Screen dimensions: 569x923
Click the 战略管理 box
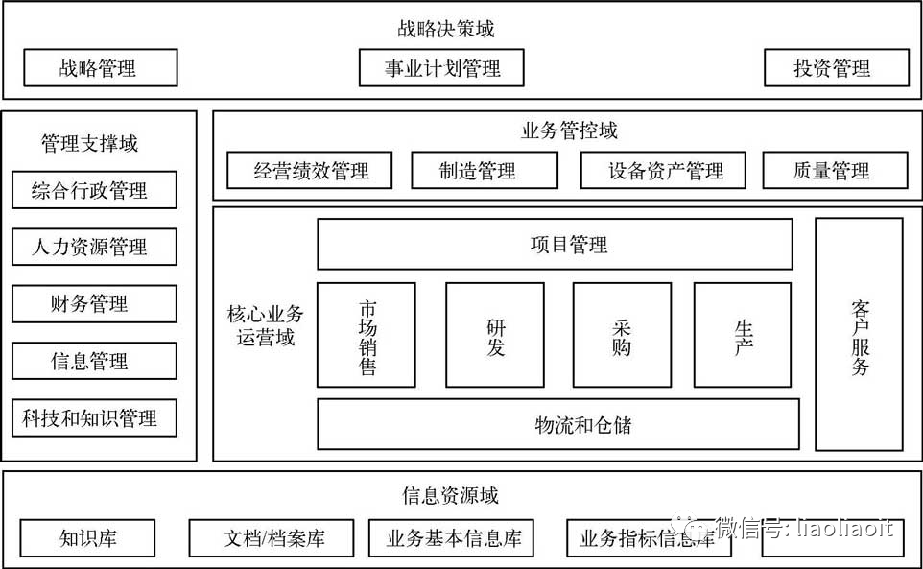pos(100,68)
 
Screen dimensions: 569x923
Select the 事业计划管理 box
pos(442,68)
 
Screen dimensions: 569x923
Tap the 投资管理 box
pos(836,68)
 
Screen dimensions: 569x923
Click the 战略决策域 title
pos(446,28)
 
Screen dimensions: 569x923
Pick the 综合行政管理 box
pos(94,190)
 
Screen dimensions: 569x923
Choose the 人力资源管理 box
pos(94,248)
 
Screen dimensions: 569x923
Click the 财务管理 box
pos(94,304)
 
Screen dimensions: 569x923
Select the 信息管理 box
pos(94,361)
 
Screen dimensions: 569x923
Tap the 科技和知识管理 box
pos(94,418)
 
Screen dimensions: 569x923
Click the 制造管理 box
pos(484,171)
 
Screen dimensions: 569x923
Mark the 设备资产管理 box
pos(666,171)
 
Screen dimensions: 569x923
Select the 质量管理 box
pos(835,171)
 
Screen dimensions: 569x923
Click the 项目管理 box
pos(555,245)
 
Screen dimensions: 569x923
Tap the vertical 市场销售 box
pos(367,335)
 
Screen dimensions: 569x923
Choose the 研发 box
pos(495,335)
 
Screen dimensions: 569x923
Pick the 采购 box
pos(622,335)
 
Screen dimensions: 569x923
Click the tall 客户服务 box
pos(859,335)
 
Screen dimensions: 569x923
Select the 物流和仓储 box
pos(557,424)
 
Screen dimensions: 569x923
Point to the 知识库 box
pos(87,538)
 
